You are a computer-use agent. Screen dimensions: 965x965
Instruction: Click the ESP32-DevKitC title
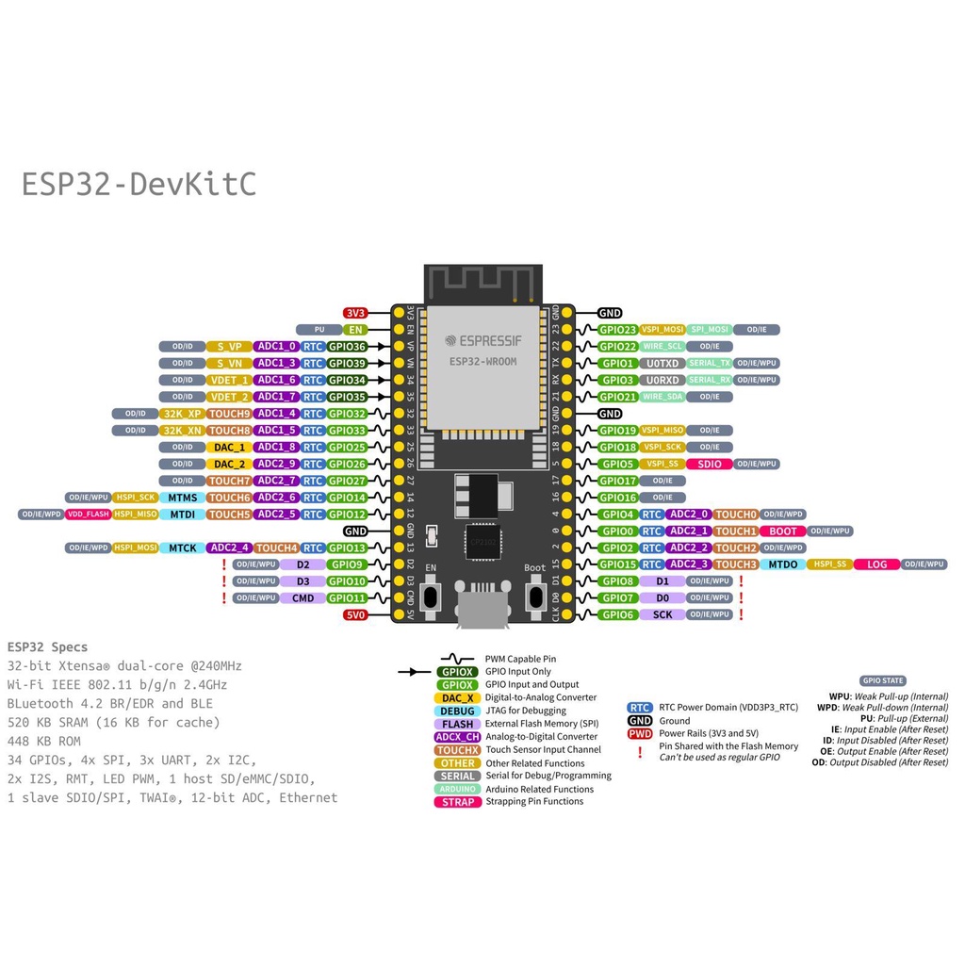(x=139, y=185)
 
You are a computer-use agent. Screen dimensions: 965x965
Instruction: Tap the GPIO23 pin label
(x=618, y=330)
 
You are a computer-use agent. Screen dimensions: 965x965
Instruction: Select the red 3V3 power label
(x=355, y=313)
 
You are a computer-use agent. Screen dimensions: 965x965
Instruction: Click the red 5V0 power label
(x=355, y=615)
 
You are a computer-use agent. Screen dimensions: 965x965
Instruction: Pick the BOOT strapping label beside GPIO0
(x=782, y=532)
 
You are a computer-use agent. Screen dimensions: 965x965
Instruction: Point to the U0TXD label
(x=662, y=364)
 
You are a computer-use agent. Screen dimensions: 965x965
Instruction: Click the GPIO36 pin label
(x=347, y=347)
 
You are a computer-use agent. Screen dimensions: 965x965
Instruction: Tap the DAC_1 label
(x=229, y=448)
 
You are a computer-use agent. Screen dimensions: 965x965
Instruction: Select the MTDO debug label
(x=782, y=564)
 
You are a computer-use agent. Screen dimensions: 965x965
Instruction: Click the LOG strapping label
(x=876, y=564)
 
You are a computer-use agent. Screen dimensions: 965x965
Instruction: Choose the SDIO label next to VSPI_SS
(x=709, y=465)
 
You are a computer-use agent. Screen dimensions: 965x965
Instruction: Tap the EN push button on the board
(x=432, y=596)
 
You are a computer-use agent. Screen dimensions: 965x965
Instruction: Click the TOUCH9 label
(x=229, y=414)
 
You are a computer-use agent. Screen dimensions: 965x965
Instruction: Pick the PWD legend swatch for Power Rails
(x=640, y=733)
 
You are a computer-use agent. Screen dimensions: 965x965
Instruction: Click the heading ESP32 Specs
(x=47, y=646)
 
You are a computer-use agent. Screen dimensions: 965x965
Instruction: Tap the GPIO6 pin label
(x=618, y=615)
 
